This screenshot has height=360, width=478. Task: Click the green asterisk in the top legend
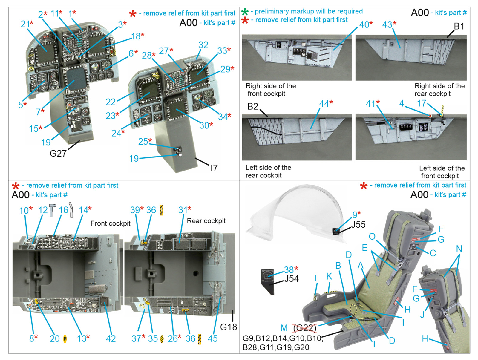pyautogui.click(x=245, y=12)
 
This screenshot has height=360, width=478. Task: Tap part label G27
pyautogui.click(x=58, y=153)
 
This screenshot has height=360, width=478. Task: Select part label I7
pyautogui.click(x=214, y=168)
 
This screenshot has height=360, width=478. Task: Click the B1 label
pyautogui.click(x=459, y=26)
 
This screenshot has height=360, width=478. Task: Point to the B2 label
pyautogui.click(x=252, y=106)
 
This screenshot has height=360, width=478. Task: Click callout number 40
pyautogui.click(x=364, y=24)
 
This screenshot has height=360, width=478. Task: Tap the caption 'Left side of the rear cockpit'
pyautogui.click(x=268, y=171)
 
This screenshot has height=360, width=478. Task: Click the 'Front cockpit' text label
pyautogui.click(x=110, y=223)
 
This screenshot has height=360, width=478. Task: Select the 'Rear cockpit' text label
pyautogui.click(x=206, y=221)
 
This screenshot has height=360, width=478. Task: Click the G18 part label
pyautogui.click(x=228, y=327)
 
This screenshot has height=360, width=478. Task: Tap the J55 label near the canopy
pyautogui.click(x=358, y=224)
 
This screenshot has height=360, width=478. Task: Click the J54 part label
pyautogui.click(x=291, y=279)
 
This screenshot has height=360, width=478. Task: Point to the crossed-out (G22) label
pyautogui.click(x=305, y=328)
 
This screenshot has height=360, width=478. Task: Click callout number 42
pyautogui.click(x=111, y=338)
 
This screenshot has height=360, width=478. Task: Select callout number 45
pyautogui.click(x=212, y=338)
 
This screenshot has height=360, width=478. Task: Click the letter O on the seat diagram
pyautogui.click(x=372, y=237)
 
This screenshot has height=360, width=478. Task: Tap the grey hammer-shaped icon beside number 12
pyautogui.click(x=53, y=210)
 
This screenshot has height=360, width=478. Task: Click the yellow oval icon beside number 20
pyautogui.click(x=65, y=339)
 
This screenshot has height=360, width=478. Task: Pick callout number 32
pyautogui.click(x=203, y=45)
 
